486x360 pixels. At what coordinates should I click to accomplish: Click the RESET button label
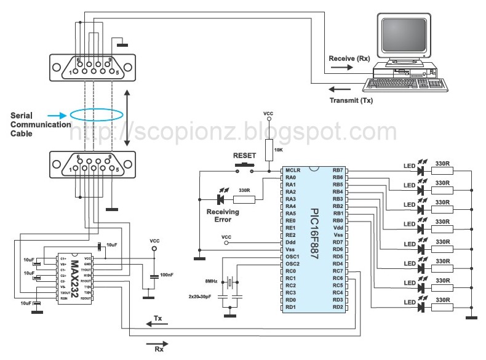click(x=244, y=156)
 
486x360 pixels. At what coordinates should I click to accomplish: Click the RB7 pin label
click(x=337, y=170)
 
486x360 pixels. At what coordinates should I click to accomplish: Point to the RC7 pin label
click(x=337, y=271)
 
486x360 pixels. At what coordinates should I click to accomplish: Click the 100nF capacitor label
click(x=166, y=274)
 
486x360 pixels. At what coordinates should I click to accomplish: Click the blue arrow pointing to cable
click(x=55, y=115)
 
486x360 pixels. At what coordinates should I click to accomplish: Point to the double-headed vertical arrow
click(x=126, y=118)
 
